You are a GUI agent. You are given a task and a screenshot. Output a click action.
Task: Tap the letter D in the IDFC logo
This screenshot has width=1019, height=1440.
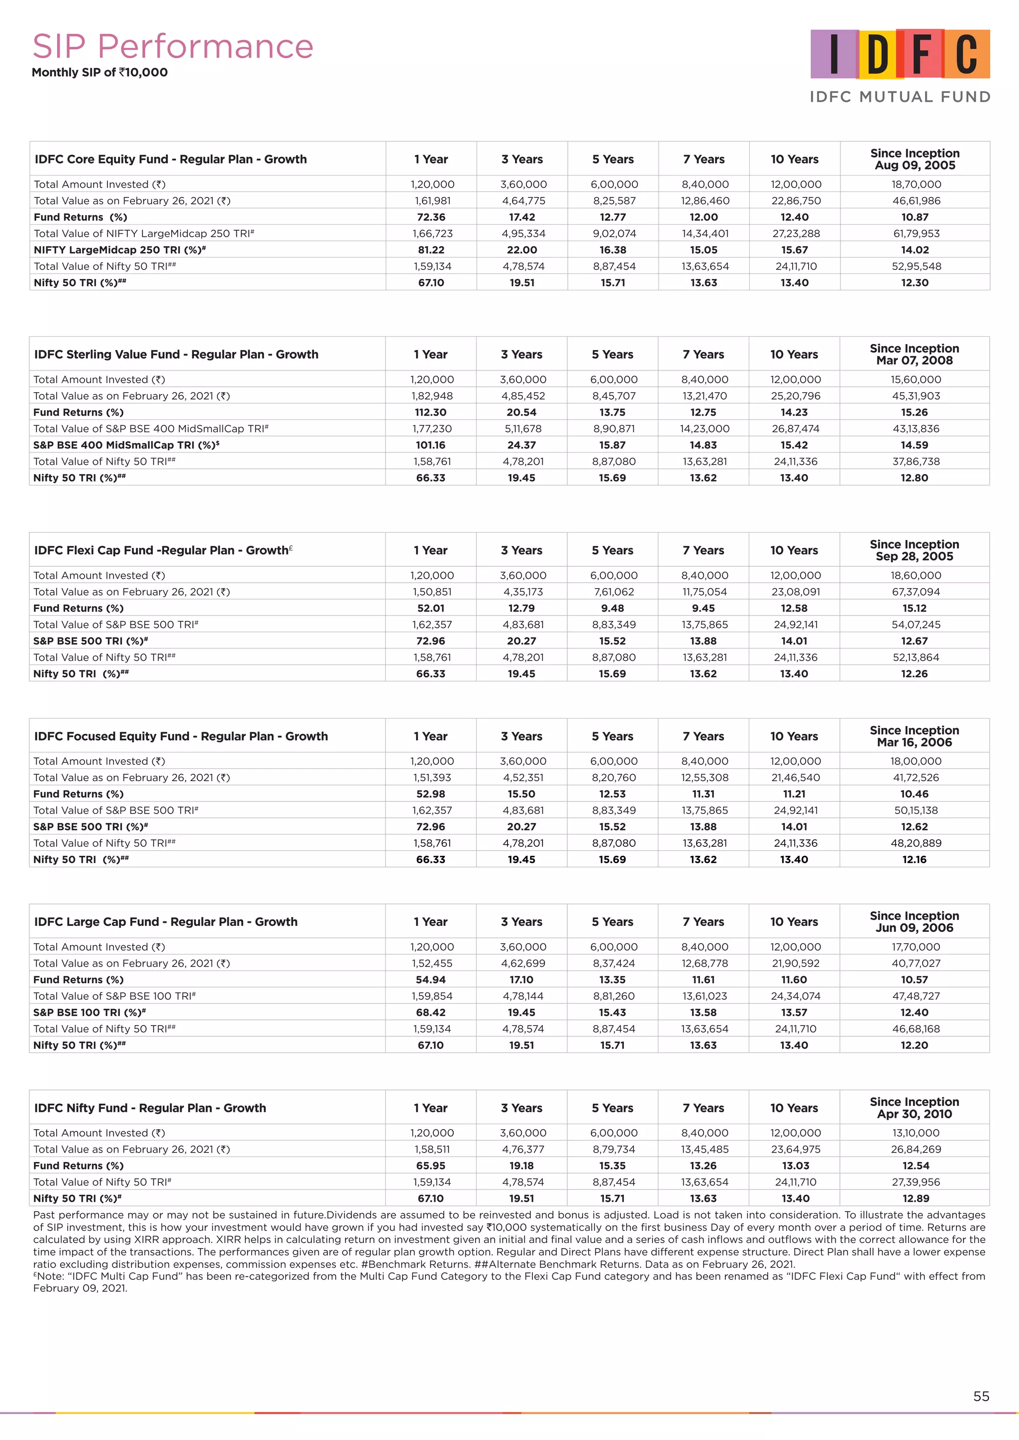[878, 55]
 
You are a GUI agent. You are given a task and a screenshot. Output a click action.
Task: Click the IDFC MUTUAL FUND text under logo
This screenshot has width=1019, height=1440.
[900, 96]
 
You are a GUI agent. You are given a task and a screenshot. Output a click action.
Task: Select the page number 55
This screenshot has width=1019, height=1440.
[981, 1396]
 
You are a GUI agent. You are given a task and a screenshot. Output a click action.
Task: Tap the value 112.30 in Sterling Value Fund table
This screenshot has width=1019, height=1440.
[430, 412]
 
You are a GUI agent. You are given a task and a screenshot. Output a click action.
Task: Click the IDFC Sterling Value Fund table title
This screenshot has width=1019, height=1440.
[176, 355]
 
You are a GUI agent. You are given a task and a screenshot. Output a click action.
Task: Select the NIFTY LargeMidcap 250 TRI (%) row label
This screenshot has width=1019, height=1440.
[119, 250]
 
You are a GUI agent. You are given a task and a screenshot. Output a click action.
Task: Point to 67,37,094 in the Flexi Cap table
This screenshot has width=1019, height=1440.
[916, 591]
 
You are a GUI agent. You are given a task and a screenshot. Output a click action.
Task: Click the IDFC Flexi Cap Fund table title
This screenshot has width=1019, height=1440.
[163, 550]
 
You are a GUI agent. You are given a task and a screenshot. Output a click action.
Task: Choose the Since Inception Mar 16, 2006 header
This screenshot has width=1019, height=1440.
[914, 736]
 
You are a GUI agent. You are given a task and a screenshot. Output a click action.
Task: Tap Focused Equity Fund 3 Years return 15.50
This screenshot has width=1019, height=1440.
[521, 794]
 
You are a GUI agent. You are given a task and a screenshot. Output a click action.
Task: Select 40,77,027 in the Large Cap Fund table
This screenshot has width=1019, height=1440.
[916, 963]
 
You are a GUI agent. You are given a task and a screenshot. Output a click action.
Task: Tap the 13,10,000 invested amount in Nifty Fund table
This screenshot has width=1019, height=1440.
[916, 1133]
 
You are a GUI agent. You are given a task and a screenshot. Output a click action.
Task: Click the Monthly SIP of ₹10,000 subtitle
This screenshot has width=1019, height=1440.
[100, 72]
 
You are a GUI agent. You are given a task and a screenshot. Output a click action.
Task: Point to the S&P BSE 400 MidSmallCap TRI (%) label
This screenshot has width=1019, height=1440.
[125, 445]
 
